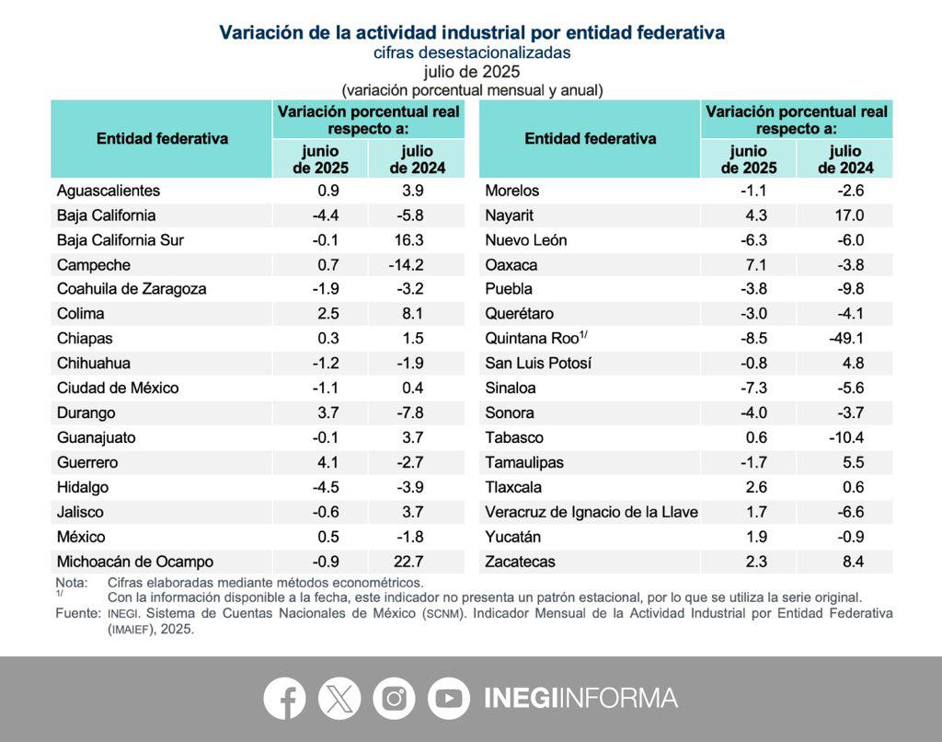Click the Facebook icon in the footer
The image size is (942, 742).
284,699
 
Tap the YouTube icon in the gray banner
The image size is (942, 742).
449,699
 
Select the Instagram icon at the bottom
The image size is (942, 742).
394,699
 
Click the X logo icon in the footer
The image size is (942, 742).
339,699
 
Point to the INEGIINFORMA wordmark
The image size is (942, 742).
580,699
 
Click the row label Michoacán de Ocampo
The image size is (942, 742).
135,562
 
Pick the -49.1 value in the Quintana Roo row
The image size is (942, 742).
845,338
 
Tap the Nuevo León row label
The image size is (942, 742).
526,240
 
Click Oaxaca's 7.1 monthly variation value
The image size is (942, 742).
759,265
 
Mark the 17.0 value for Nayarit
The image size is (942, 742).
849,215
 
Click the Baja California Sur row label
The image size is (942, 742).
121,240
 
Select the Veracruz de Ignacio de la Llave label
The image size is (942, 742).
592,512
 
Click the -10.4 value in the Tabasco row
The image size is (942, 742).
845,437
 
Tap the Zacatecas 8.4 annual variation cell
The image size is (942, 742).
853,562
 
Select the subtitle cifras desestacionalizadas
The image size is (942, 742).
472,52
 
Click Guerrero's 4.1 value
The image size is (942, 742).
331,462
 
